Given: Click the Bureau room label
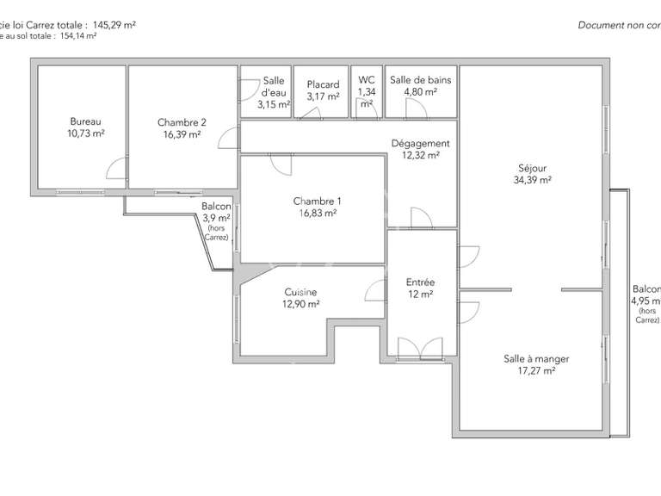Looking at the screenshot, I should pyautogui.click(x=86, y=122).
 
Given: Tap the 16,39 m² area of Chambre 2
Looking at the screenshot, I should pyautogui.click(x=182, y=134).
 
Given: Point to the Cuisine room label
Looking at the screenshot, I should pyautogui.click(x=300, y=292).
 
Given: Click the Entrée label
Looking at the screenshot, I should pyautogui.click(x=420, y=282).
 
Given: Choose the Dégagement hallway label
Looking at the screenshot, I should pyautogui.click(x=420, y=144).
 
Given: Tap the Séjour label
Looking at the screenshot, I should pyautogui.click(x=532, y=168).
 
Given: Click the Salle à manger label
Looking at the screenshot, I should pyautogui.click(x=536, y=359).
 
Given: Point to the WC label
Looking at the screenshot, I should pyautogui.click(x=366, y=80).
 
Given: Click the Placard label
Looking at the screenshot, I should pyautogui.click(x=323, y=84).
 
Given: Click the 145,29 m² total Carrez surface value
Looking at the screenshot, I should pyautogui.click(x=108, y=25).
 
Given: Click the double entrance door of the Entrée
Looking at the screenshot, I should pyautogui.click(x=421, y=347).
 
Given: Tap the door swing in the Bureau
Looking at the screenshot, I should pyautogui.click(x=116, y=169).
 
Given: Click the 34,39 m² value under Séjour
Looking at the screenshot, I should pyautogui.click(x=532, y=180).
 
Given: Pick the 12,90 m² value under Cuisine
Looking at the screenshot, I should pyautogui.click(x=300, y=304).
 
